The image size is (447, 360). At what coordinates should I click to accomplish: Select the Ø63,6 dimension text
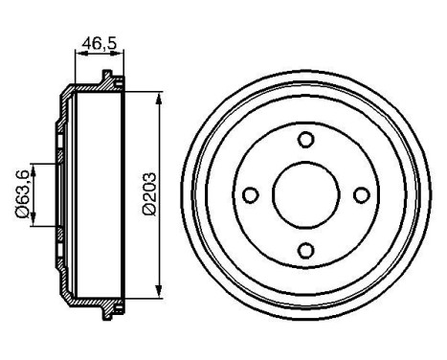click(x=21, y=195)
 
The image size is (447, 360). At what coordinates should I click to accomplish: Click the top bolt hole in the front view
click(x=306, y=141)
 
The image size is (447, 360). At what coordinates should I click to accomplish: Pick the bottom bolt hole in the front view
click(x=306, y=251)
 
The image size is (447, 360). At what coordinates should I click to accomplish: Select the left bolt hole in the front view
click(x=251, y=195)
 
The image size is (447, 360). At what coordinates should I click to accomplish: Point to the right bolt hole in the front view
click(x=362, y=195)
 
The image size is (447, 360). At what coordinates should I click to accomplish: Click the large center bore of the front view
click(x=306, y=195)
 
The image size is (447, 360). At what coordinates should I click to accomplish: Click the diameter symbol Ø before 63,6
click(x=21, y=216)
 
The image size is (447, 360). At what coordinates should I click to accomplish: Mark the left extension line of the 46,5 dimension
click(x=74, y=67)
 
